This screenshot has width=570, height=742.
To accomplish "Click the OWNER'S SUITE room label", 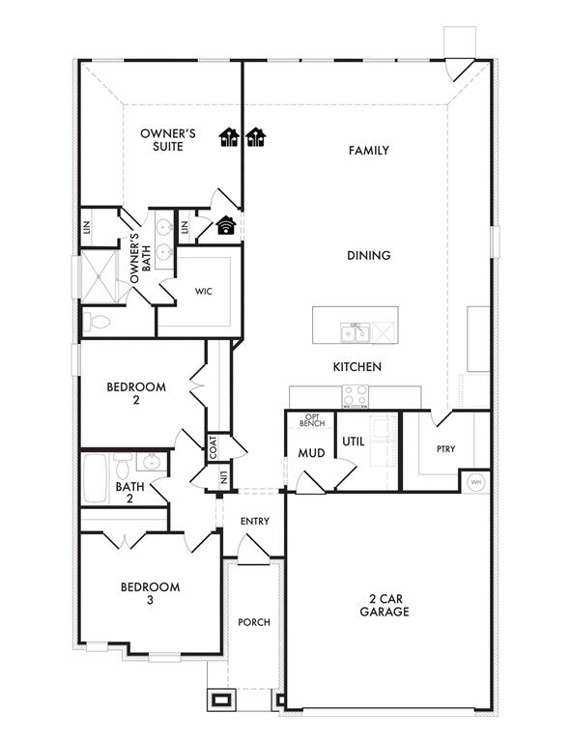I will click(x=168, y=140).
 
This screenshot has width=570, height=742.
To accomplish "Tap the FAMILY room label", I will click(x=368, y=151).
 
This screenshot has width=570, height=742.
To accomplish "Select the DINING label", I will click(x=368, y=256).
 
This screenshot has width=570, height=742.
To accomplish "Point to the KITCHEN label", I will click(x=356, y=367).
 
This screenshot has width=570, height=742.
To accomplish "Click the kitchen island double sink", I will click(x=355, y=332).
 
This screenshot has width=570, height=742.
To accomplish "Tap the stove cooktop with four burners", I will click(x=355, y=395).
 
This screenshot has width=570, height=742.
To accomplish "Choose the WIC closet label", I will click(x=203, y=291).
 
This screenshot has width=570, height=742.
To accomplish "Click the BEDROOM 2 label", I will click(x=135, y=393).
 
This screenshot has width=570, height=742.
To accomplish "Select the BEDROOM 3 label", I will click(x=150, y=593).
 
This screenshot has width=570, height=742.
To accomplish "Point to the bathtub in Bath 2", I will click(x=94, y=477).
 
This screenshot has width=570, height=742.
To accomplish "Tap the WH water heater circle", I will click(x=475, y=482).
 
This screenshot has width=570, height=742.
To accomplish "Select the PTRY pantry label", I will click(x=444, y=449).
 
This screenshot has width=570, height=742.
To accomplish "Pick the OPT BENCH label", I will click(x=311, y=419).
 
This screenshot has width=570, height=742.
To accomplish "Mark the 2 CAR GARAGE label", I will click(x=385, y=605).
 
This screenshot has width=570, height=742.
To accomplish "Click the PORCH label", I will click(x=254, y=622).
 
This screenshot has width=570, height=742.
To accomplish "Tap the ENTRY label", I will click(x=255, y=522).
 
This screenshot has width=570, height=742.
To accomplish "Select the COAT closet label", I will click(x=213, y=446).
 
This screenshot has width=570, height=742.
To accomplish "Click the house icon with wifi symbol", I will click(x=226, y=225).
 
